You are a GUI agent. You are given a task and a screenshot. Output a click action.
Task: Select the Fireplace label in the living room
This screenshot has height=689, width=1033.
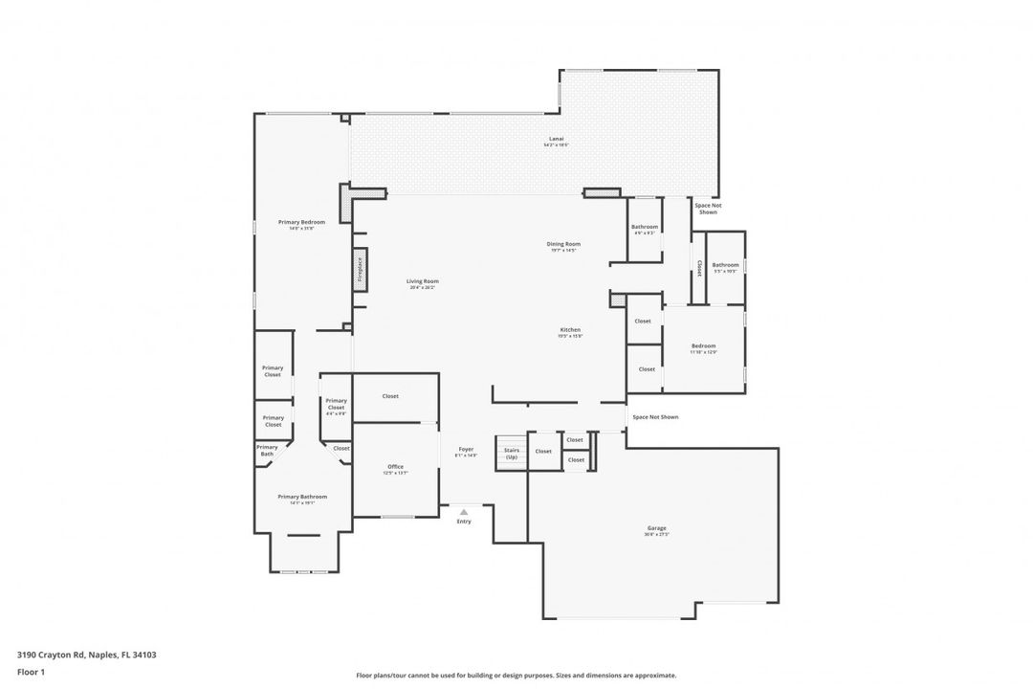pyautogui.click(x=360, y=268)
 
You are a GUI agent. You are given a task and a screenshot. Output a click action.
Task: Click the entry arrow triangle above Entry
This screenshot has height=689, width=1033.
pyautogui.click(x=464, y=512)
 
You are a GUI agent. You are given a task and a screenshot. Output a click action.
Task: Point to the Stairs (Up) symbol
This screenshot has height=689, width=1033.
pyautogui.click(x=511, y=453)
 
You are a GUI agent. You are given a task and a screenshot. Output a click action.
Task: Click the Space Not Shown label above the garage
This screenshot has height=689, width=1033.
pyautogui.click(x=655, y=417)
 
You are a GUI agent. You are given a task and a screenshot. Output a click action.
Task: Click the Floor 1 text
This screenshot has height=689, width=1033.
pyautogui.click(x=31, y=672)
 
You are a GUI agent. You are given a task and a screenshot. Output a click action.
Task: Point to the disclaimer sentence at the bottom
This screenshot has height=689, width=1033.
pyautogui.click(x=516, y=676)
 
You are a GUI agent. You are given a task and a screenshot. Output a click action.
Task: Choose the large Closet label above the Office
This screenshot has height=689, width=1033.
pyautogui.click(x=390, y=396)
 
